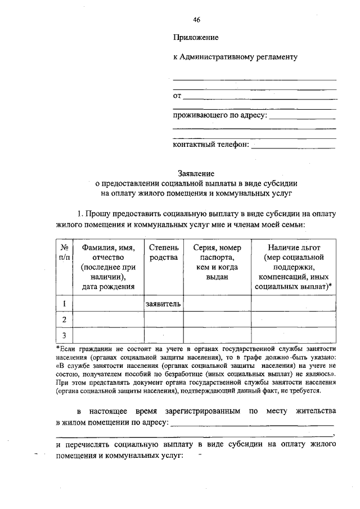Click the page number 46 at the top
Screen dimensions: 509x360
click(197, 19)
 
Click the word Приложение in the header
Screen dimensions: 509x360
click(195, 38)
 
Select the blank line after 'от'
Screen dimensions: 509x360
click(260, 97)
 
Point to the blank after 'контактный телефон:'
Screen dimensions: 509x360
click(293, 145)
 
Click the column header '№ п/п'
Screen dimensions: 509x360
click(65, 252)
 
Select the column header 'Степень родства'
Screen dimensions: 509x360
click(164, 252)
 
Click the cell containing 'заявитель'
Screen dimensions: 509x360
click(164, 304)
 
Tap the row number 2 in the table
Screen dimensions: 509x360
click(65, 319)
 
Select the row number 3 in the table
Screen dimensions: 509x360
click(65, 336)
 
